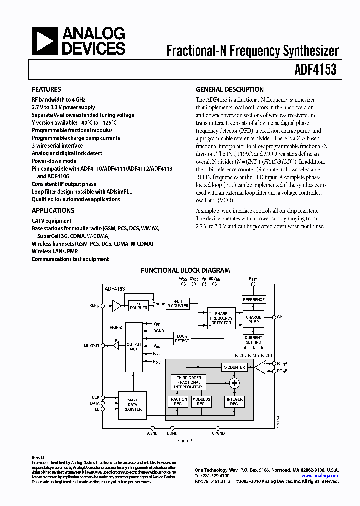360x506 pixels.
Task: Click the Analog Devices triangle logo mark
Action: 45,41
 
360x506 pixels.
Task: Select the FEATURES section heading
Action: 46,90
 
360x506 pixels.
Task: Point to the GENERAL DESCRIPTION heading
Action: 229,90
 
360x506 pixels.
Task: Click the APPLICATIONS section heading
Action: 53,211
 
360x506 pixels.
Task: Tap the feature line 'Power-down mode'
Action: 54,161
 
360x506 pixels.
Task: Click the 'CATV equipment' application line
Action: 51,221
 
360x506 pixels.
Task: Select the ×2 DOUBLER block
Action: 138,305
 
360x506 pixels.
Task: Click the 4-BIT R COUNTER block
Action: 177,304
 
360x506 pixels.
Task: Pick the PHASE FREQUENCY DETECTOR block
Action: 221,319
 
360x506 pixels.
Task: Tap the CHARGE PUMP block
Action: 253,320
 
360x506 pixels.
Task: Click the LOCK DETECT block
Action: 182,338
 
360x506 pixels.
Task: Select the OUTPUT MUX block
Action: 133,346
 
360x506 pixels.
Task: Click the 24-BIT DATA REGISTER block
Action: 132,404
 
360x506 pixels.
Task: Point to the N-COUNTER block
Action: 234,367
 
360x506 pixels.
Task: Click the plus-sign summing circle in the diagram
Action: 234,383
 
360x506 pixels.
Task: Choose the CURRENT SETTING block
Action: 253,340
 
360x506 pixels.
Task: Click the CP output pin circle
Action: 274,317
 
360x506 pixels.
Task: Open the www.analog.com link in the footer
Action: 320,476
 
